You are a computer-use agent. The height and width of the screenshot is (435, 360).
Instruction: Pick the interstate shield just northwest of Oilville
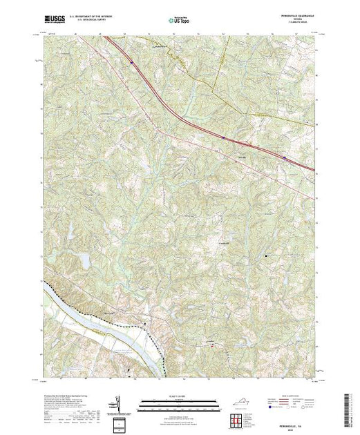(224, 137)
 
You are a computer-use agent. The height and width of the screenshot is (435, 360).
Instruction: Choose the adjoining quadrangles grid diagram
(237, 419)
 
